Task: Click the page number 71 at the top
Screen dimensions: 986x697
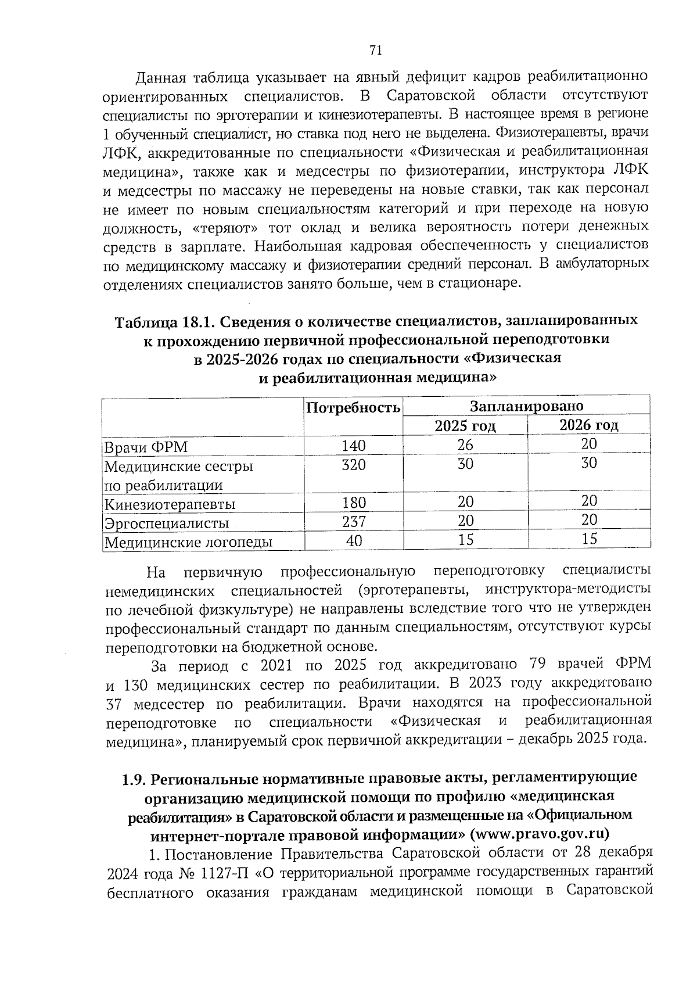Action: click(375, 51)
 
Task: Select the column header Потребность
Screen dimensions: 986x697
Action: click(353, 407)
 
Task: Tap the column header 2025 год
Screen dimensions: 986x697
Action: click(465, 426)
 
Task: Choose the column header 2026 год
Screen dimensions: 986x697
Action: click(588, 425)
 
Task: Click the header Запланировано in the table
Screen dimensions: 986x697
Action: click(526, 406)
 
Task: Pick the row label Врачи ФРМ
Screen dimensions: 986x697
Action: click(145, 447)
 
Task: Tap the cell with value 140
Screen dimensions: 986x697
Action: click(354, 446)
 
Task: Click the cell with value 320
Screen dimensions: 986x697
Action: click(354, 465)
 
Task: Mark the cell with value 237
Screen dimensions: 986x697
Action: click(354, 521)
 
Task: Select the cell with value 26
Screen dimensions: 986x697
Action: click(465, 445)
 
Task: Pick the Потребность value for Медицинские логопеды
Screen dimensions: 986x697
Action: click(354, 540)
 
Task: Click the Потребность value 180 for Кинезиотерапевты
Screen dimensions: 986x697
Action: click(354, 502)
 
